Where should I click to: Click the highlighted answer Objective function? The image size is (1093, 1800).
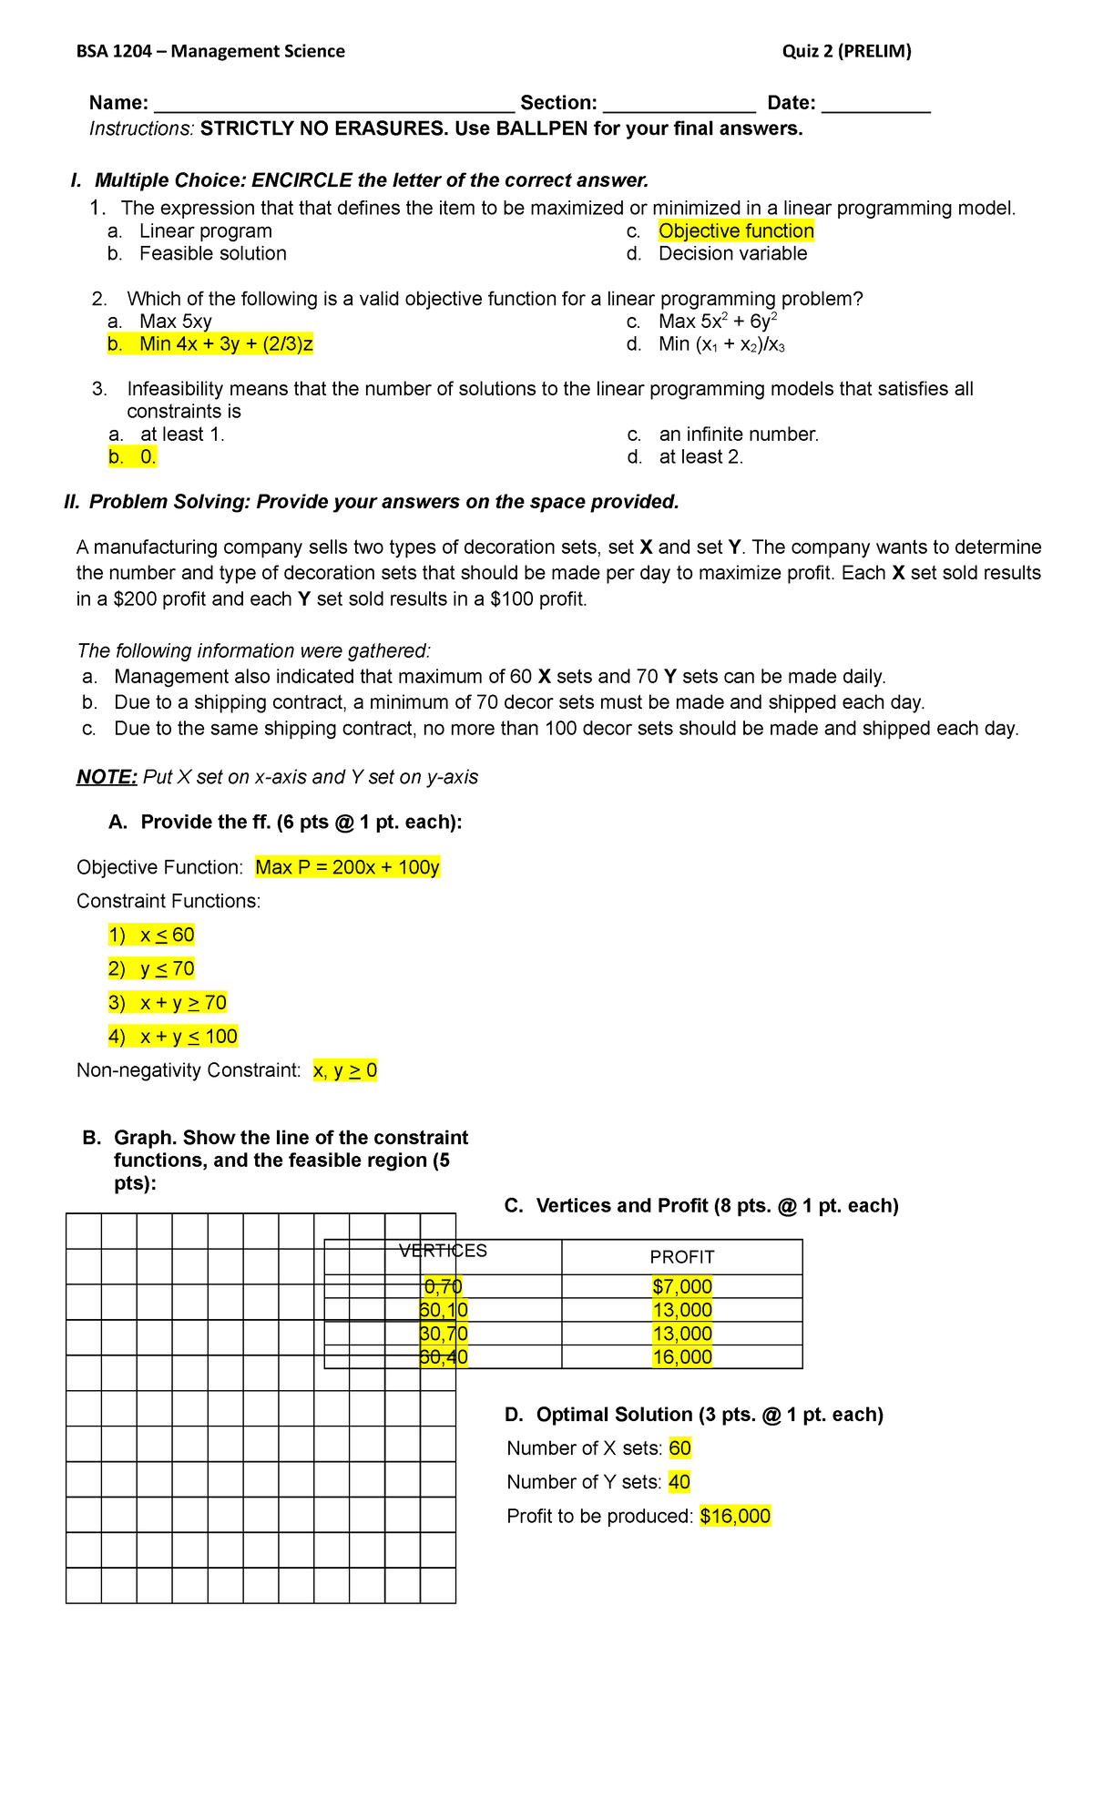pyautogui.click(x=735, y=231)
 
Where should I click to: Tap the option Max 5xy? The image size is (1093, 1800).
pyautogui.click(x=175, y=322)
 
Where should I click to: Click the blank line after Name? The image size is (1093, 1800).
pyautogui.click(x=334, y=105)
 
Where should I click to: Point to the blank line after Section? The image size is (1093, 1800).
pyautogui.click(x=679, y=105)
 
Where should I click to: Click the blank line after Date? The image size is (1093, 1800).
pyautogui.click(x=875, y=105)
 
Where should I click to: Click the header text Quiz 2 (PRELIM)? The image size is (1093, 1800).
pyautogui.click(x=846, y=51)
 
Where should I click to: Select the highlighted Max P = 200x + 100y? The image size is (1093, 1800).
pyautogui.click(x=347, y=867)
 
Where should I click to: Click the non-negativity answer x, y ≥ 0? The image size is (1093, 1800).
pyautogui.click(x=344, y=1070)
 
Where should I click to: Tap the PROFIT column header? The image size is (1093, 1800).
pyautogui.click(x=681, y=1257)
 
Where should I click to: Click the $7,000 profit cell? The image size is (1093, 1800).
pyautogui.click(x=681, y=1286)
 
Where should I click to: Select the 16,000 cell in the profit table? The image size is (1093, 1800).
pyautogui.click(x=681, y=1357)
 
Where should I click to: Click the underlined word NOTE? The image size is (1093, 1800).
pyautogui.click(x=107, y=777)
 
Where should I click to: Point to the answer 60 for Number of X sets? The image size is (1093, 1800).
pyautogui.click(x=679, y=1448)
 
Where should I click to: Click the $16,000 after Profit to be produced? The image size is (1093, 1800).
pyautogui.click(x=734, y=1517)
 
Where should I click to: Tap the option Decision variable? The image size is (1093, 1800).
pyautogui.click(x=732, y=254)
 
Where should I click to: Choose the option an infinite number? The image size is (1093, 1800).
pyautogui.click(x=738, y=435)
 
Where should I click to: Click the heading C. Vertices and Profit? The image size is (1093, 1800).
pyautogui.click(x=700, y=1206)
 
